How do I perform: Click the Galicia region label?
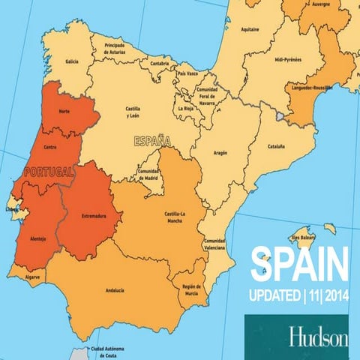click(x=72, y=61)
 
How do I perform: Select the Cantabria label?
click(x=160, y=64)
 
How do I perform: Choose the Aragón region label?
click(x=220, y=151)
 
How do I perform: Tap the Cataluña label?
click(x=277, y=146)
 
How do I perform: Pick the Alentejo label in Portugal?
click(x=37, y=238)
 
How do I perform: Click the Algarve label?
click(x=32, y=277)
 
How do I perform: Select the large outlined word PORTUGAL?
click(x=49, y=172)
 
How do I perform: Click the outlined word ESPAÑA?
click(x=152, y=140)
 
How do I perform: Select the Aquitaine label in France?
click(x=250, y=30)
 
